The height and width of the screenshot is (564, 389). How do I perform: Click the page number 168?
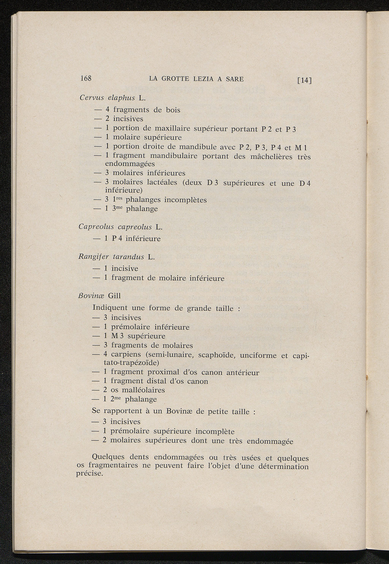click(86, 78)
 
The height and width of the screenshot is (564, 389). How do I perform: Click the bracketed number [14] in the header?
click(305, 80)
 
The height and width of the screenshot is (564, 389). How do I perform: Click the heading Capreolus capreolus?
click(115, 227)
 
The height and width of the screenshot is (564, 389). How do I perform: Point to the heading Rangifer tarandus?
click(111, 257)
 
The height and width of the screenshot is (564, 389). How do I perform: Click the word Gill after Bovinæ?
click(114, 296)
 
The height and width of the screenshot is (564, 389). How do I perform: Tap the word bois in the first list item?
click(172, 110)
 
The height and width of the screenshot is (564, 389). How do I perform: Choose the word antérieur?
click(243, 372)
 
